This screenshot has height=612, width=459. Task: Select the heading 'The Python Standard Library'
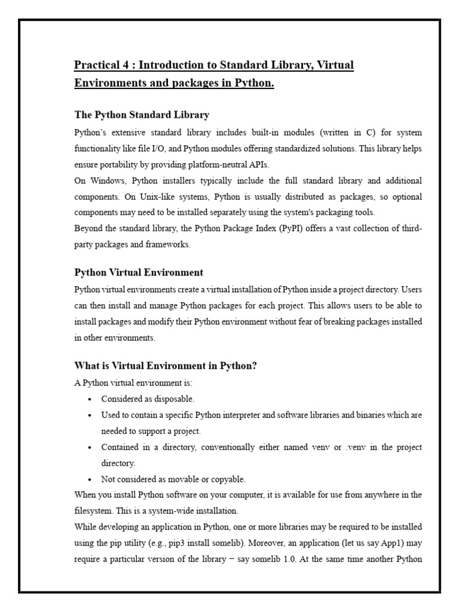(142, 114)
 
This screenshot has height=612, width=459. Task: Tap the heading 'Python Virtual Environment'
(139, 273)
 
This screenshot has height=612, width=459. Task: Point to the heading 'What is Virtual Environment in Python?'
(166, 366)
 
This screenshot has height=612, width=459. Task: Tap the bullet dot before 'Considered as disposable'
(88, 399)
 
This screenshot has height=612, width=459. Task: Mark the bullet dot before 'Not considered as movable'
(88, 479)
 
